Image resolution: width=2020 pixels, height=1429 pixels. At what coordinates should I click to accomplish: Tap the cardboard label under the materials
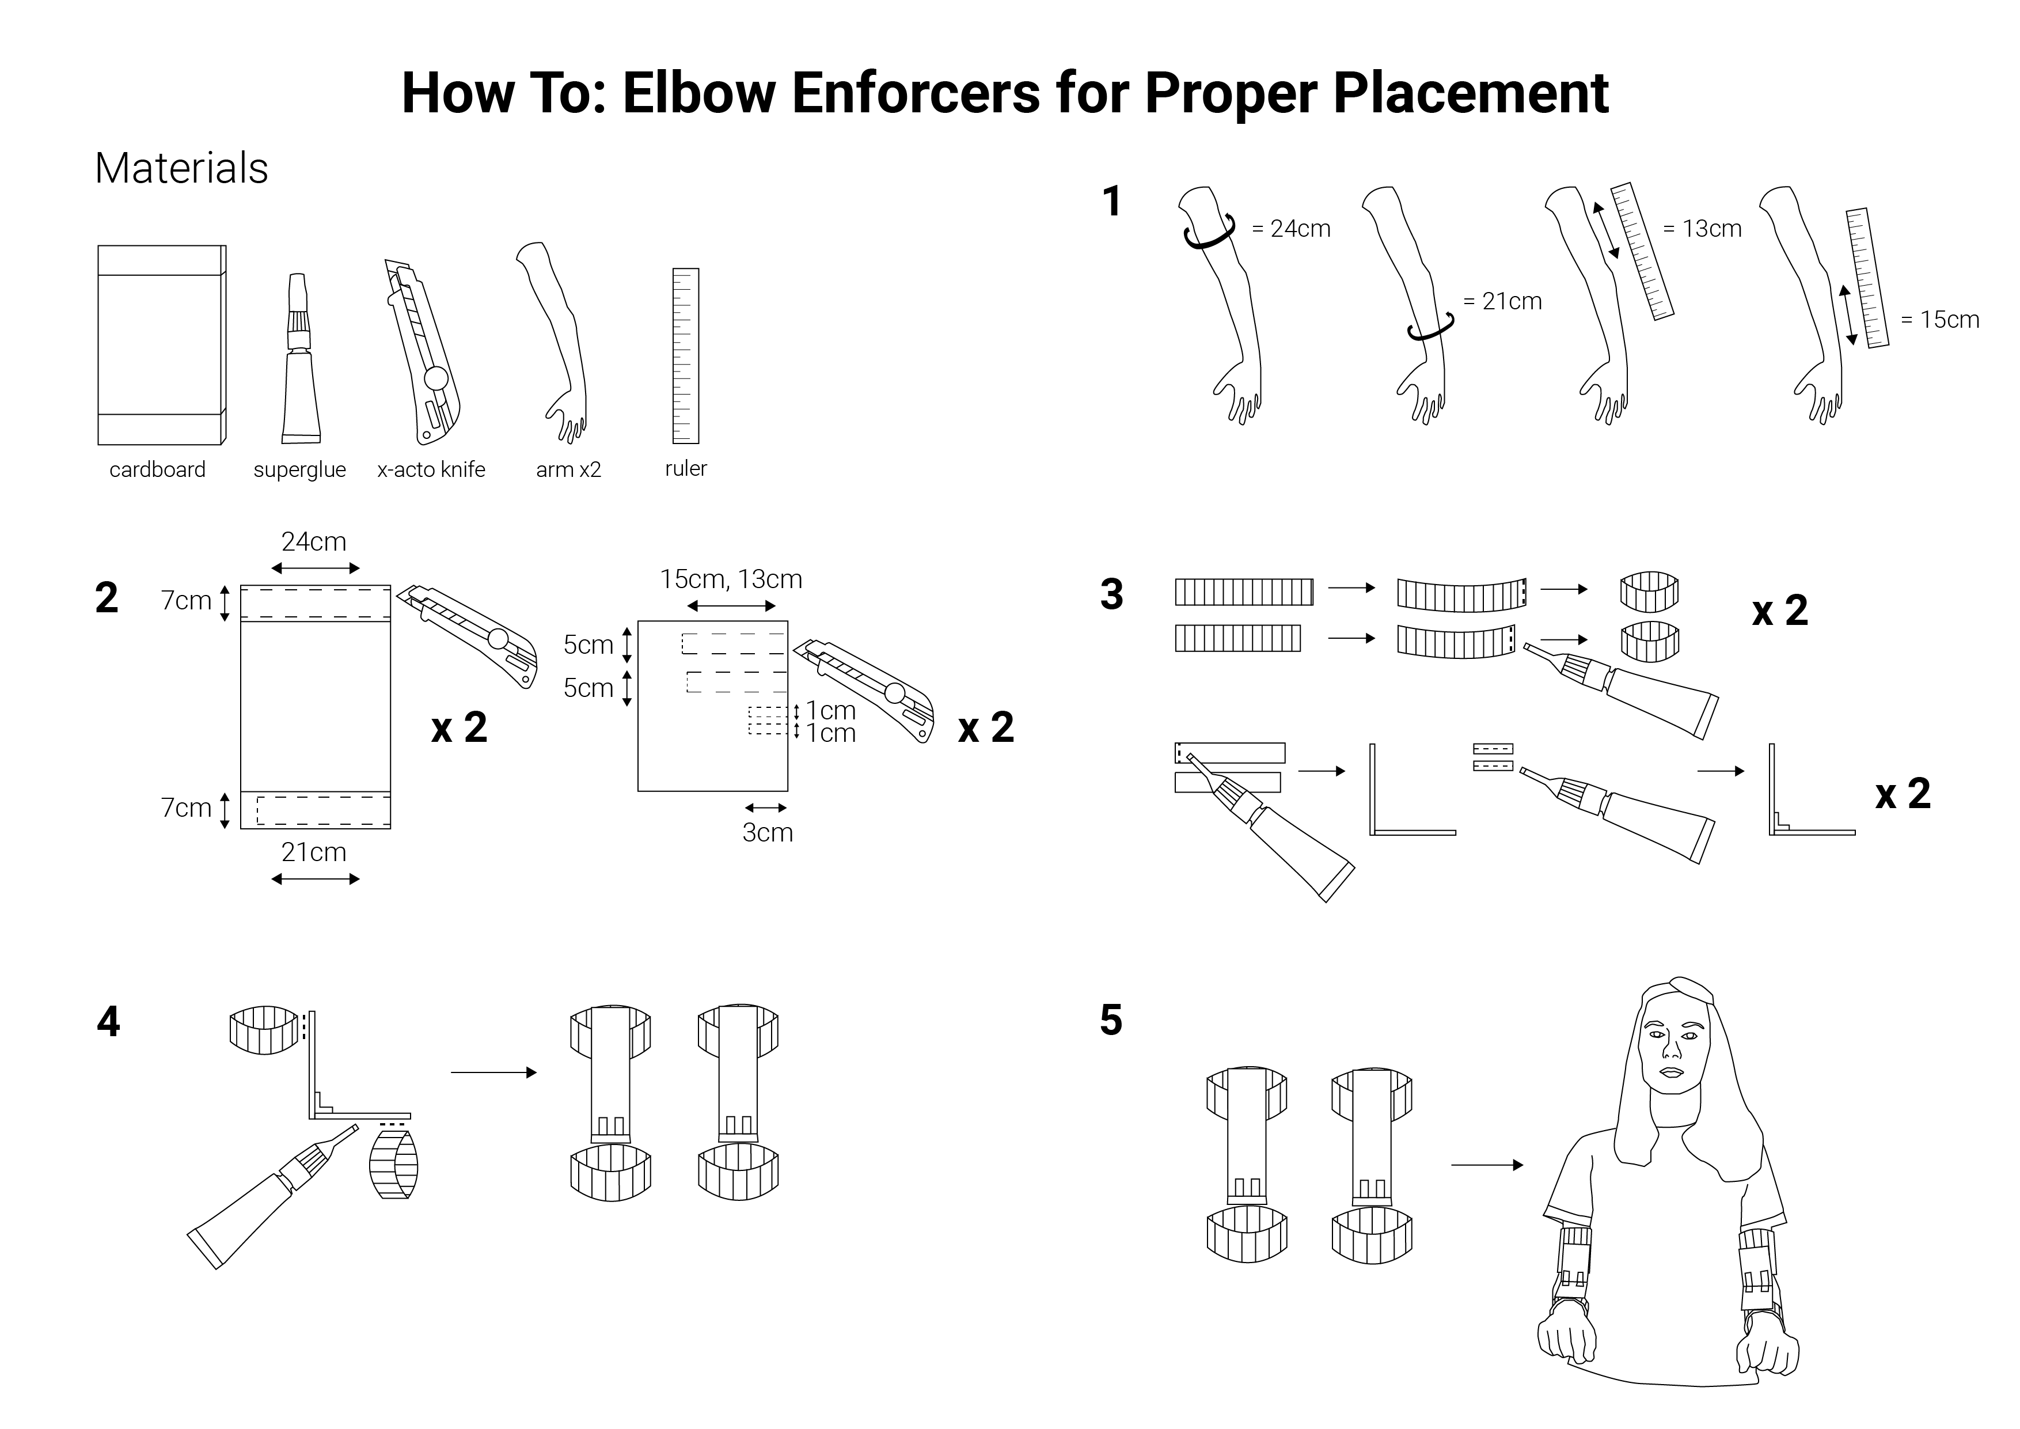157,470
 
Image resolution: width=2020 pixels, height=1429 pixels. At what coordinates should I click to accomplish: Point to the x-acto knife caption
431,470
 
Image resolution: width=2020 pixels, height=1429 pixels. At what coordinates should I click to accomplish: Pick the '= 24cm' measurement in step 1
1290,229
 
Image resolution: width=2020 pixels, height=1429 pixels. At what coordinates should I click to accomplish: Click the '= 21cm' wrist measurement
1503,302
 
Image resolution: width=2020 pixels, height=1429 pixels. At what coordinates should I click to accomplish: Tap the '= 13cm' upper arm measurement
1702,229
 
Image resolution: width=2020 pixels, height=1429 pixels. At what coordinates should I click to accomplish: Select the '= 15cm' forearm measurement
1940,320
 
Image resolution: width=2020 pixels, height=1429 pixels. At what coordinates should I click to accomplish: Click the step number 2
107,598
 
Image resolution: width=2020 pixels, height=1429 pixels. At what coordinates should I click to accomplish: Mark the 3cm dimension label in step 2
767,832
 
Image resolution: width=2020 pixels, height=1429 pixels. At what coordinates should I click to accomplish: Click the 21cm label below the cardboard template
314,852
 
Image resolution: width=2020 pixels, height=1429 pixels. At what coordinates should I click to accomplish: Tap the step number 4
108,1022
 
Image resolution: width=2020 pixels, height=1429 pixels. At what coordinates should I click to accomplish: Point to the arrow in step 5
1487,1165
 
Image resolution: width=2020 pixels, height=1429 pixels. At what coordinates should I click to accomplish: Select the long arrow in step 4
493,1072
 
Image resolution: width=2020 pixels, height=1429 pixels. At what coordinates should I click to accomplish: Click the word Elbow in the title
700,93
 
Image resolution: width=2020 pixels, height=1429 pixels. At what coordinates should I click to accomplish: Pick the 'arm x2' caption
568,470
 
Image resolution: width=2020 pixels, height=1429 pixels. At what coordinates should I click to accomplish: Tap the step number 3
1112,595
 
